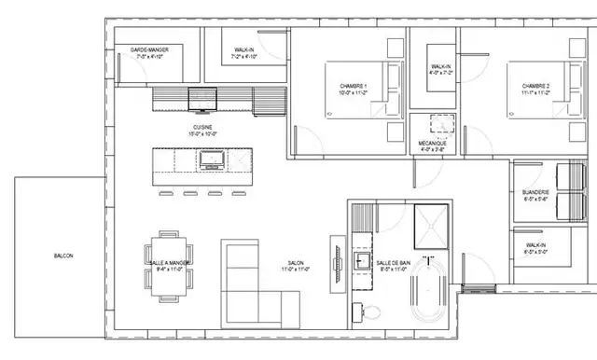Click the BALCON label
[64, 256]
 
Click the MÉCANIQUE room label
[432, 145]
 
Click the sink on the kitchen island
[209, 160]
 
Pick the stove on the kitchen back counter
[201, 96]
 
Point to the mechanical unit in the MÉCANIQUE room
[437, 125]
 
